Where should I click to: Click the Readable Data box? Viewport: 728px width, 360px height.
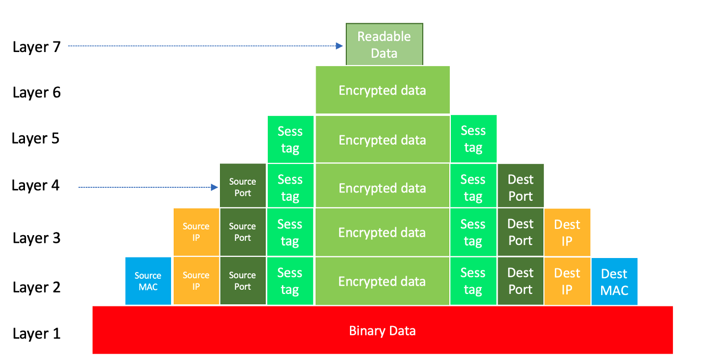coord(384,44)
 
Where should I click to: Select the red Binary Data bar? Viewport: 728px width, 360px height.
coord(382,330)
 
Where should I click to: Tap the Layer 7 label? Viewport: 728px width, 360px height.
coord(36,47)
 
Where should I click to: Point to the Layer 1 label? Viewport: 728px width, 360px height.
coord(36,333)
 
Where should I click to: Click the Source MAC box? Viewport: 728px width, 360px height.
coord(148,281)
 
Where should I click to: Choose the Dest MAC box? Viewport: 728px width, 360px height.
coord(614,281)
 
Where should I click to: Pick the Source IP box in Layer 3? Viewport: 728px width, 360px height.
coord(196,232)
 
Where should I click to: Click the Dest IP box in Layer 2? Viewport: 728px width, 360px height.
coord(567,281)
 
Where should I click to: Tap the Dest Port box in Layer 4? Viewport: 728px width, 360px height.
coord(521,187)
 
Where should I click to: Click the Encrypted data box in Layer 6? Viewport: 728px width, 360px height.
coord(382,90)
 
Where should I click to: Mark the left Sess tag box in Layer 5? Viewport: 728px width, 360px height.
coord(290,139)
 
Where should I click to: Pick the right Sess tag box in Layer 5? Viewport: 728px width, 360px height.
coord(473,139)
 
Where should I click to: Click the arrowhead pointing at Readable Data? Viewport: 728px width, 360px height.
coord(340,46)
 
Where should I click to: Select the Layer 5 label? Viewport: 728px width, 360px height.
coord(35,138)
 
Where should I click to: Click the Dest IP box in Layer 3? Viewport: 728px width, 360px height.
coord(567,232)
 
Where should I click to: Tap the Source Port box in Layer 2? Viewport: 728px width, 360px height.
coord(242,281)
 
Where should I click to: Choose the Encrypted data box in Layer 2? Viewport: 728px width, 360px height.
coord(382,281)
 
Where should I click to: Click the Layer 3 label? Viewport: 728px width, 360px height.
coord(36,238)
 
